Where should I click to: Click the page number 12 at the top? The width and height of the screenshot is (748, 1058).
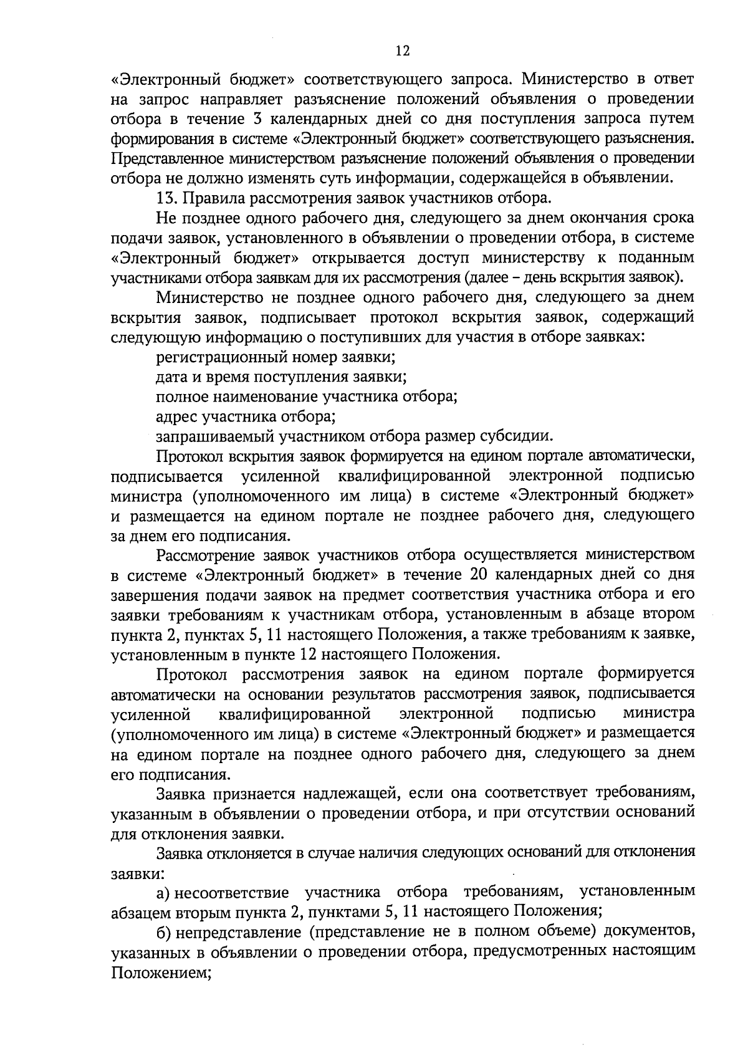pos(403,51)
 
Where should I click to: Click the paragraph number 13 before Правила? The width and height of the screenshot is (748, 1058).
pos(165,198)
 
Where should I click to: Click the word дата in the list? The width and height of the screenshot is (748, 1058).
pos(170,377)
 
